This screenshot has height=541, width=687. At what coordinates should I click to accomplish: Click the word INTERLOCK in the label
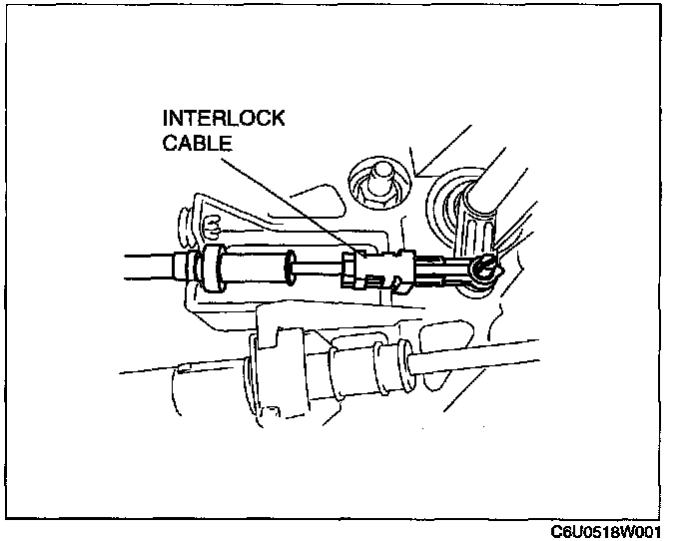(x=224, y=119)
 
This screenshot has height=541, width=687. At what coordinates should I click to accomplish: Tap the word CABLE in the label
(x=198, y=143)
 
